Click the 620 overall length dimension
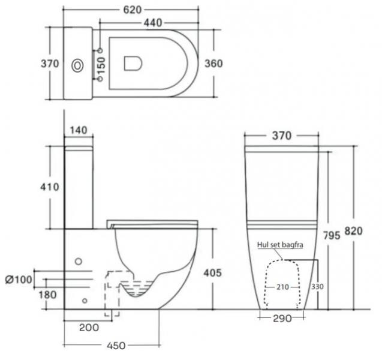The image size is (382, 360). pos(130,9)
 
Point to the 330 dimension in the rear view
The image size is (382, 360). pos(317,287)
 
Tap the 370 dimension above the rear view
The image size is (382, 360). pos(281,136)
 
